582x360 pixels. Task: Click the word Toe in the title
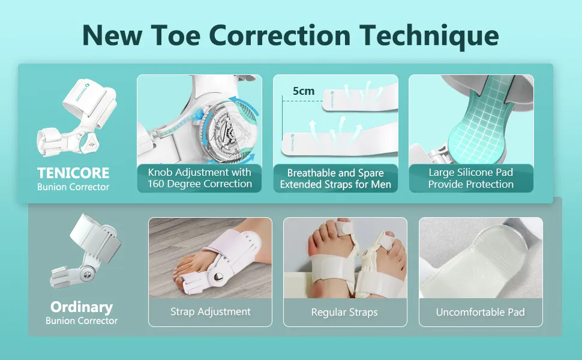pos(176,35)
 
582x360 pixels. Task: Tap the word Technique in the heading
pos(430,36)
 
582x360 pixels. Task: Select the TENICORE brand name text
pos(73,173)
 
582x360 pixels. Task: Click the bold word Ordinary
pos(82,307)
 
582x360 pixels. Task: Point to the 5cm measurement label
pos(303,91)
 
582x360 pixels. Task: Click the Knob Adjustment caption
pos(199,178)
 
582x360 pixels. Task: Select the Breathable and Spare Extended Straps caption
pos(335,179)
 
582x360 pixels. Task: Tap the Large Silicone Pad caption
pos(471,178)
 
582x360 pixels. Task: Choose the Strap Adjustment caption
pos(211,312)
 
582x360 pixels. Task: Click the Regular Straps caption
pos(344,313)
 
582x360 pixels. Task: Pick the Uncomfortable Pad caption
pos(480,312)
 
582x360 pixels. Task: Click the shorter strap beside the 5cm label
pos(360,100)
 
